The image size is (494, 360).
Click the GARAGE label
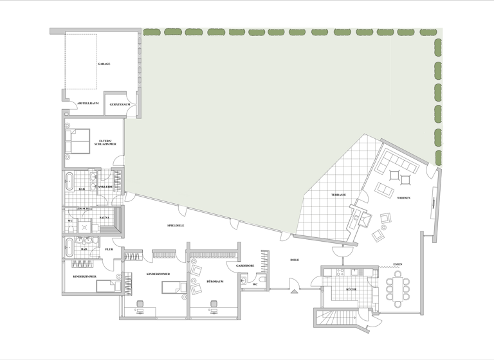(x=104, y=64)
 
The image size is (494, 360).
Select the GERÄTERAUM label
(x=120, y=104)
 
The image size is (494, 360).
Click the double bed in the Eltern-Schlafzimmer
(x=78, y=141)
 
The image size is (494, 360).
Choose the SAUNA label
(x=104, y=217)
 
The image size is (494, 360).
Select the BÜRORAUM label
(x=215, y=282)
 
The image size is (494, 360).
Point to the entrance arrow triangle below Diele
(x=294, y=292)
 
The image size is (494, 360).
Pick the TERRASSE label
(x=339, y=195)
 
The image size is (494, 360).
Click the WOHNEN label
(x=405, y=198)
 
